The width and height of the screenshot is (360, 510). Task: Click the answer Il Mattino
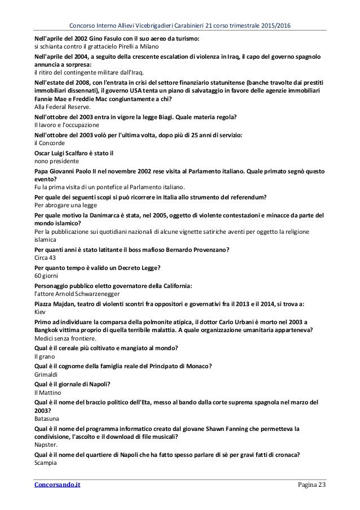click(49, 393)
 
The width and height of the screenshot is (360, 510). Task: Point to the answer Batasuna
click(48, 420)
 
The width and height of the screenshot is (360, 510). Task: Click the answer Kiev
click(41, 312)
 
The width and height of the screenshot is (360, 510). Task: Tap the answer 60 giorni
click(46, 276)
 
